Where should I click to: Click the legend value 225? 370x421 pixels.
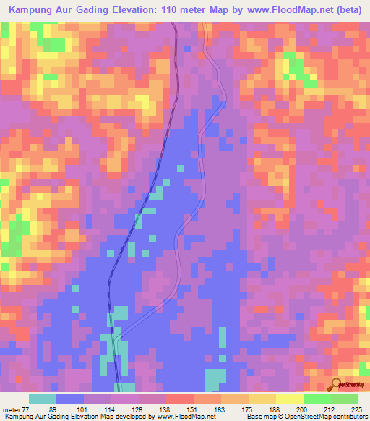click(354, 409)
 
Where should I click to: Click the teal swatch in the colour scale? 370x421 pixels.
click(43, 399)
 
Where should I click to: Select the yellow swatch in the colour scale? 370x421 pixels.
click(289, 399)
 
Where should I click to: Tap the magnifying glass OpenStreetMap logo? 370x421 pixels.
click(336, 383)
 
